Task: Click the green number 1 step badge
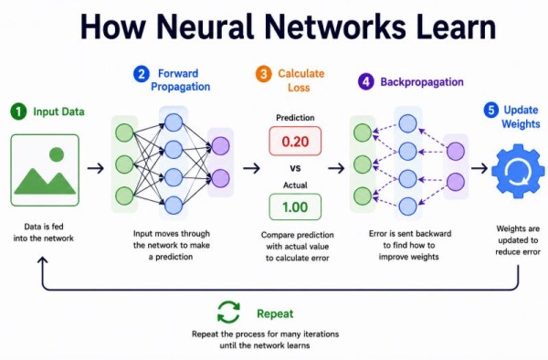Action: [18, 111]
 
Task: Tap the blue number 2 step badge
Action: [142, 74]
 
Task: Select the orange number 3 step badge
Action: [264, 74]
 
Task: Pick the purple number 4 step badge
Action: [366, 82]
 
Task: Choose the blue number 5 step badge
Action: [491, 110]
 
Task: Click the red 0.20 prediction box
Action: [295, 142]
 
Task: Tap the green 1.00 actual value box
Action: [295, 206]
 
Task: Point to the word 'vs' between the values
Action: [295, 168]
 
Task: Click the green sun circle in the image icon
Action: [57, 154]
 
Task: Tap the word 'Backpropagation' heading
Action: [422, 82]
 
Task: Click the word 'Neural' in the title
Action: [205, 26]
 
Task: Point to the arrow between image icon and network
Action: [95, 168]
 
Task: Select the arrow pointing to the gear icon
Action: [479, 168]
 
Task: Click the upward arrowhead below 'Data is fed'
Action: [43, 260]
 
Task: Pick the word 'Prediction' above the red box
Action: [295, 118]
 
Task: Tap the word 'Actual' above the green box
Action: [295, 185]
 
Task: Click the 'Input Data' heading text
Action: [58, 111]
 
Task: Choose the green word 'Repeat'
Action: [275, 314]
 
